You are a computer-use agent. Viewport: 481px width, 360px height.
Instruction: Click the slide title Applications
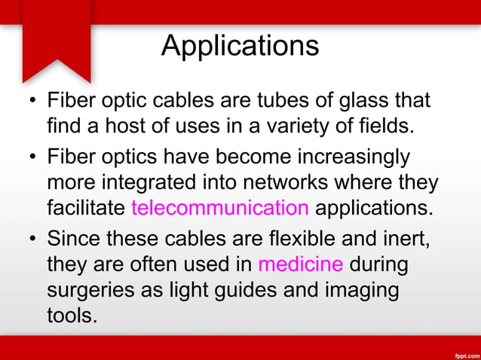[x=240, y=46]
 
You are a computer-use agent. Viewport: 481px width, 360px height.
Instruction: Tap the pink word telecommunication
[x=219, y=207]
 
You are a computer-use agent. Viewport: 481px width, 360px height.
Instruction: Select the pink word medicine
[x=300, y=265]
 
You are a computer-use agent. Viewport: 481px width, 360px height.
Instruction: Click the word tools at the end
[x=72, y=314]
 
